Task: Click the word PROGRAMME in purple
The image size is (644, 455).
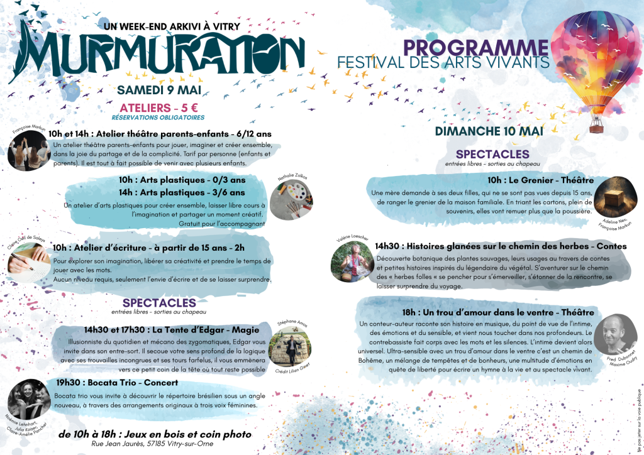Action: (475, 47)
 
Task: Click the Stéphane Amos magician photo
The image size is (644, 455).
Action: (290, 345)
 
